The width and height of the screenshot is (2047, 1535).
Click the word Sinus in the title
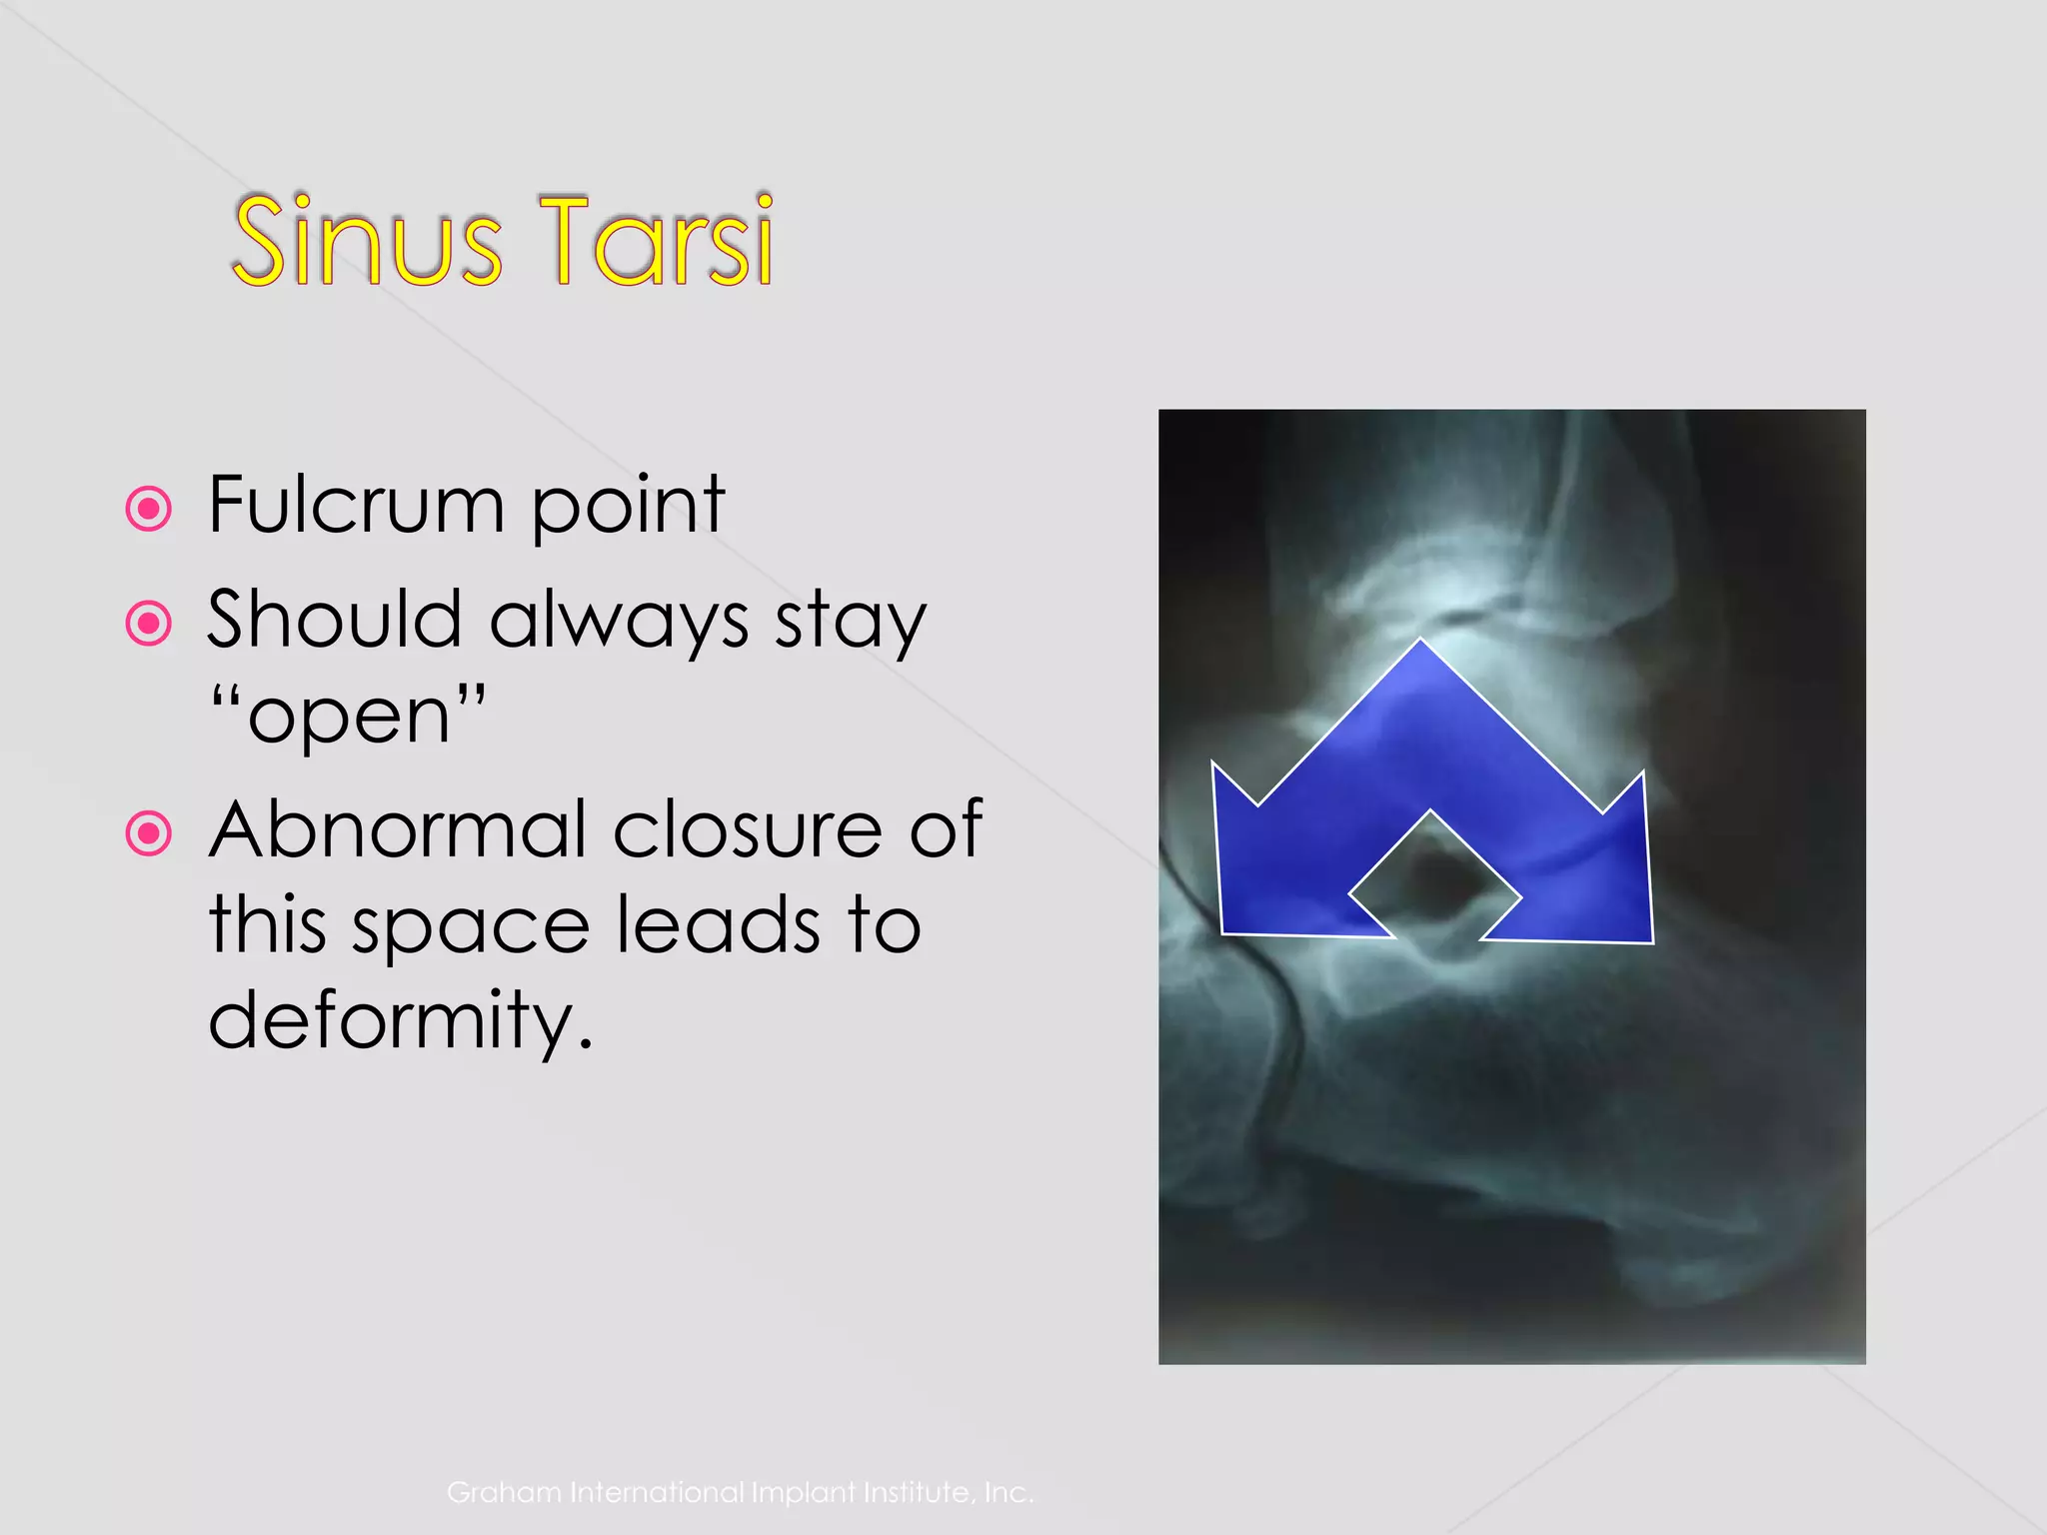[x=366, y=241]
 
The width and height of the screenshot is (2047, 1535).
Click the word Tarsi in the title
[x=656, y=241]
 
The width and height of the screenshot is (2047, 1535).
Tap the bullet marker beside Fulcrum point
[x=149, y=509]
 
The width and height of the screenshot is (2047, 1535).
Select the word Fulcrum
[x=356, y=505]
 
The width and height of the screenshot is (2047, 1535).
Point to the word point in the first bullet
[x=627, y=507]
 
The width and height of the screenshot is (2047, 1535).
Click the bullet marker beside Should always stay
[x=149, y=624]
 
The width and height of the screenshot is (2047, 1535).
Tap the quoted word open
[x=349, y=717]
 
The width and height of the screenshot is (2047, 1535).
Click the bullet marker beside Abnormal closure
[x=149, y=832]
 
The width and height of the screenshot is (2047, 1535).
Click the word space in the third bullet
[x=471, y=926]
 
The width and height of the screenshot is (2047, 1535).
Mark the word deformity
[x=399, y=1020]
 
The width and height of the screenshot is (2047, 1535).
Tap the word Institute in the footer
[x=919, y=1492]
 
